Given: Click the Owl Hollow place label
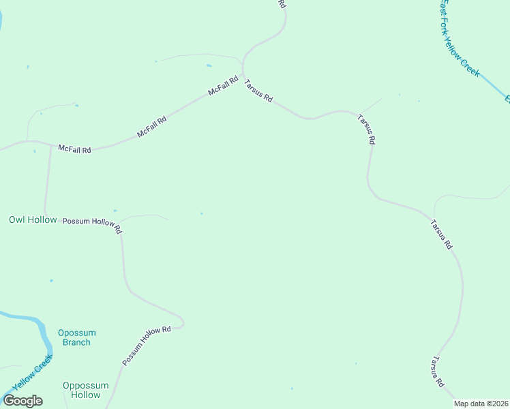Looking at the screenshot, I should pos(33,219).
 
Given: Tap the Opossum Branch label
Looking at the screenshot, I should pos(76,337).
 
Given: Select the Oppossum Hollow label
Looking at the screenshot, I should pos(86,390).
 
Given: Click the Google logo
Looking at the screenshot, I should pos(22,401).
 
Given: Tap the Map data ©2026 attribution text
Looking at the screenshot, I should pos(481,404).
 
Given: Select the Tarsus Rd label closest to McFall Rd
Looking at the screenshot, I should pos(258,89).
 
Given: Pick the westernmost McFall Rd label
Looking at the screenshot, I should pos(74,149).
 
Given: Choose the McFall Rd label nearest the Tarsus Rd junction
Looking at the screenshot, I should pos(223,85).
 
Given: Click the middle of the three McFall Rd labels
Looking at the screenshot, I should pos(151,127).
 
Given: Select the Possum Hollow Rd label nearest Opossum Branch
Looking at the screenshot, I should pos(146,346).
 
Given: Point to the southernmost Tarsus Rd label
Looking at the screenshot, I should pos(437,372).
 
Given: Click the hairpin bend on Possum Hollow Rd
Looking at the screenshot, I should pos(181,322).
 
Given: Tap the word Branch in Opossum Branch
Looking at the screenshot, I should pos(76,342).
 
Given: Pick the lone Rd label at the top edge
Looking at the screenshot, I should pos(282,3).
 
